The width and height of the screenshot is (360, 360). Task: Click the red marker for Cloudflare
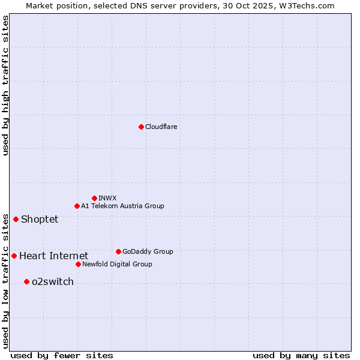click(x=141, y=127)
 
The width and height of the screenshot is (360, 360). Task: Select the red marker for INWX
click(x=94, y=198)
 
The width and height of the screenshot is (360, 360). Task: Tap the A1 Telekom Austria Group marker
click(x=77, y=206)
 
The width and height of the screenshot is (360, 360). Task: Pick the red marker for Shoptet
click(x=16, y=219)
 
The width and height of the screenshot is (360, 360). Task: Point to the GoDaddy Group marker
click(x=118, y=251)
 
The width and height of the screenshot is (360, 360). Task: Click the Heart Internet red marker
click(x=14, y=256)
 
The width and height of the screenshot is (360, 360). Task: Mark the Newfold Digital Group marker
click(x=78, y=264)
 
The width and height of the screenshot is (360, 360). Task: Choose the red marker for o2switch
click(x=26, y=281)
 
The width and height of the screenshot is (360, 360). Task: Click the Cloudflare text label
click(x=161, y=127)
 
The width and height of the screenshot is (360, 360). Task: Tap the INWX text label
click(x=107, y=198)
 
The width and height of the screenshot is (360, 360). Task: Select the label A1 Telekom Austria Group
click(x=122, y=206)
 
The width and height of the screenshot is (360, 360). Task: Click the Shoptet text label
click(x=40, y=219)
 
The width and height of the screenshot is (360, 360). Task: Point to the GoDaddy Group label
click(x=148, y=251)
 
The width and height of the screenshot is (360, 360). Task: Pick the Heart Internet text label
click(x=53, y=256)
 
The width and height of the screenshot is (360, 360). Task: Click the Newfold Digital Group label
click(x=117, y=264)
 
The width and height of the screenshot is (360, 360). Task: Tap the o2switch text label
click(x=52, y=282)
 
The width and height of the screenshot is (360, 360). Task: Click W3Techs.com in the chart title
click(x=310, y=5)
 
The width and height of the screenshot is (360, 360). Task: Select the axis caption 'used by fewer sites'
click(x=62, y=355)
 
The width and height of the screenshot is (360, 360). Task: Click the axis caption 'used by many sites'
click(x=301, y=355)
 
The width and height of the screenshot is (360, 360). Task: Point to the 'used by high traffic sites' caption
click(x=5, y=86)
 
